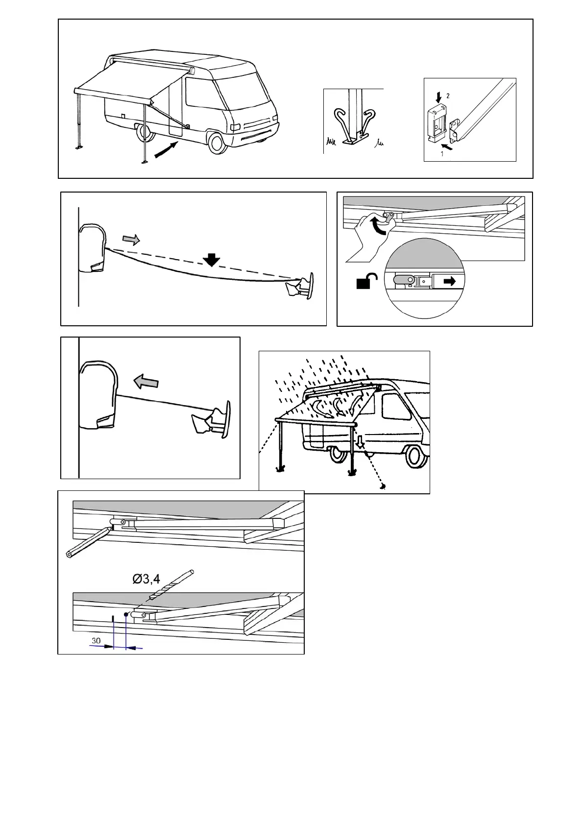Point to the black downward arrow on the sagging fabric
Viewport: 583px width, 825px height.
click(x=212, y=260)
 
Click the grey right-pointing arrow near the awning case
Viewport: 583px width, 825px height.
click(x=131, y=239)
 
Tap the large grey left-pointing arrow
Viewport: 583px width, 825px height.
click(x=146, y=381)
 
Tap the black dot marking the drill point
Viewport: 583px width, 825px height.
click(x=126, y=614)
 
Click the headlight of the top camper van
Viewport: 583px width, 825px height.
click(x=235, y=126)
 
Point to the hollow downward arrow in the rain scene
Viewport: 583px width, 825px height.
click(x=361, y=443)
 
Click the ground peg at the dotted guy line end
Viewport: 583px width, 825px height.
click(x=383, y=486)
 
